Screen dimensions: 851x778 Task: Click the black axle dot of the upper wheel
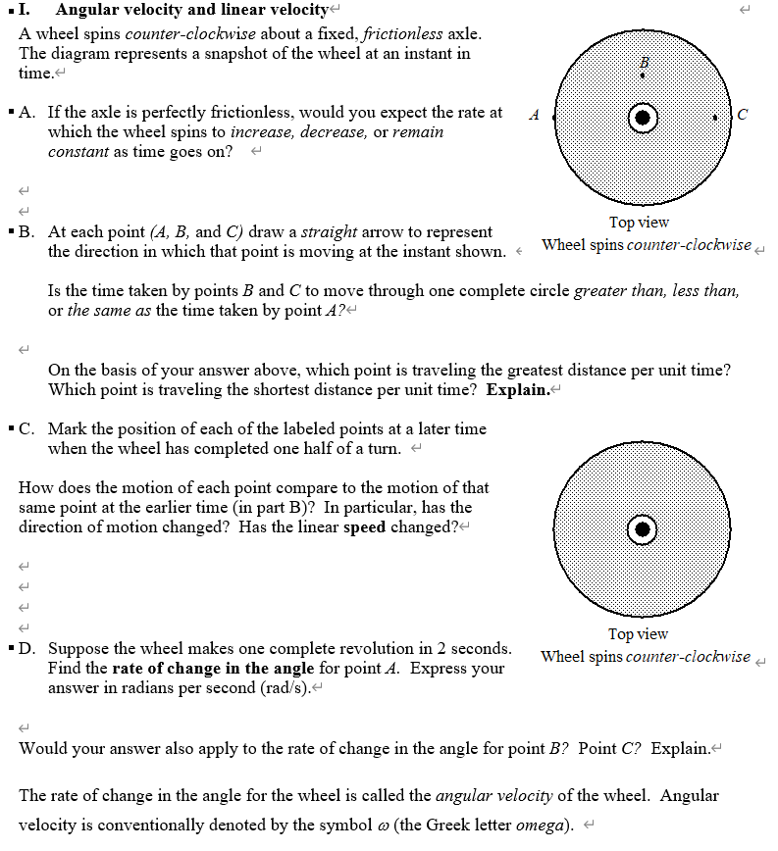(x=642, y=118)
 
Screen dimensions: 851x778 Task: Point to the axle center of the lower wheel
(x=642, y=529)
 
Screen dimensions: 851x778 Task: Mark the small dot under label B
(x=643, y=75)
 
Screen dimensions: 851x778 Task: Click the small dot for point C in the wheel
(x=716, y=118)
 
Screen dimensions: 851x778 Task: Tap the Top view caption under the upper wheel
(x=639, y=223)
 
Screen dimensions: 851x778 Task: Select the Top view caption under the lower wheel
(x=638, y=634)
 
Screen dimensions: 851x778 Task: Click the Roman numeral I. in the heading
(x=26, y=10)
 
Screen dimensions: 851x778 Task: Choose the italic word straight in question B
(x=329, y=231)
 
